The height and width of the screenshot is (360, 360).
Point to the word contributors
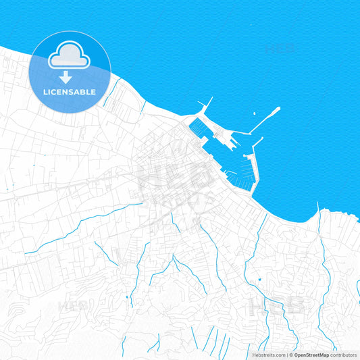344,355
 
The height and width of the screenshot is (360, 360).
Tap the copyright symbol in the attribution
290,355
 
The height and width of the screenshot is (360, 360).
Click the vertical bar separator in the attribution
286,355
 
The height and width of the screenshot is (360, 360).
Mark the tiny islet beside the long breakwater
254,115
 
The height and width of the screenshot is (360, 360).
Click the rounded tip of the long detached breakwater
276,109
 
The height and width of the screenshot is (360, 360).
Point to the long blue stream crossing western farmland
81,226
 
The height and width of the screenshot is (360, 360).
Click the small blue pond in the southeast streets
259,280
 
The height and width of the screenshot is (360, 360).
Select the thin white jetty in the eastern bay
318,215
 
